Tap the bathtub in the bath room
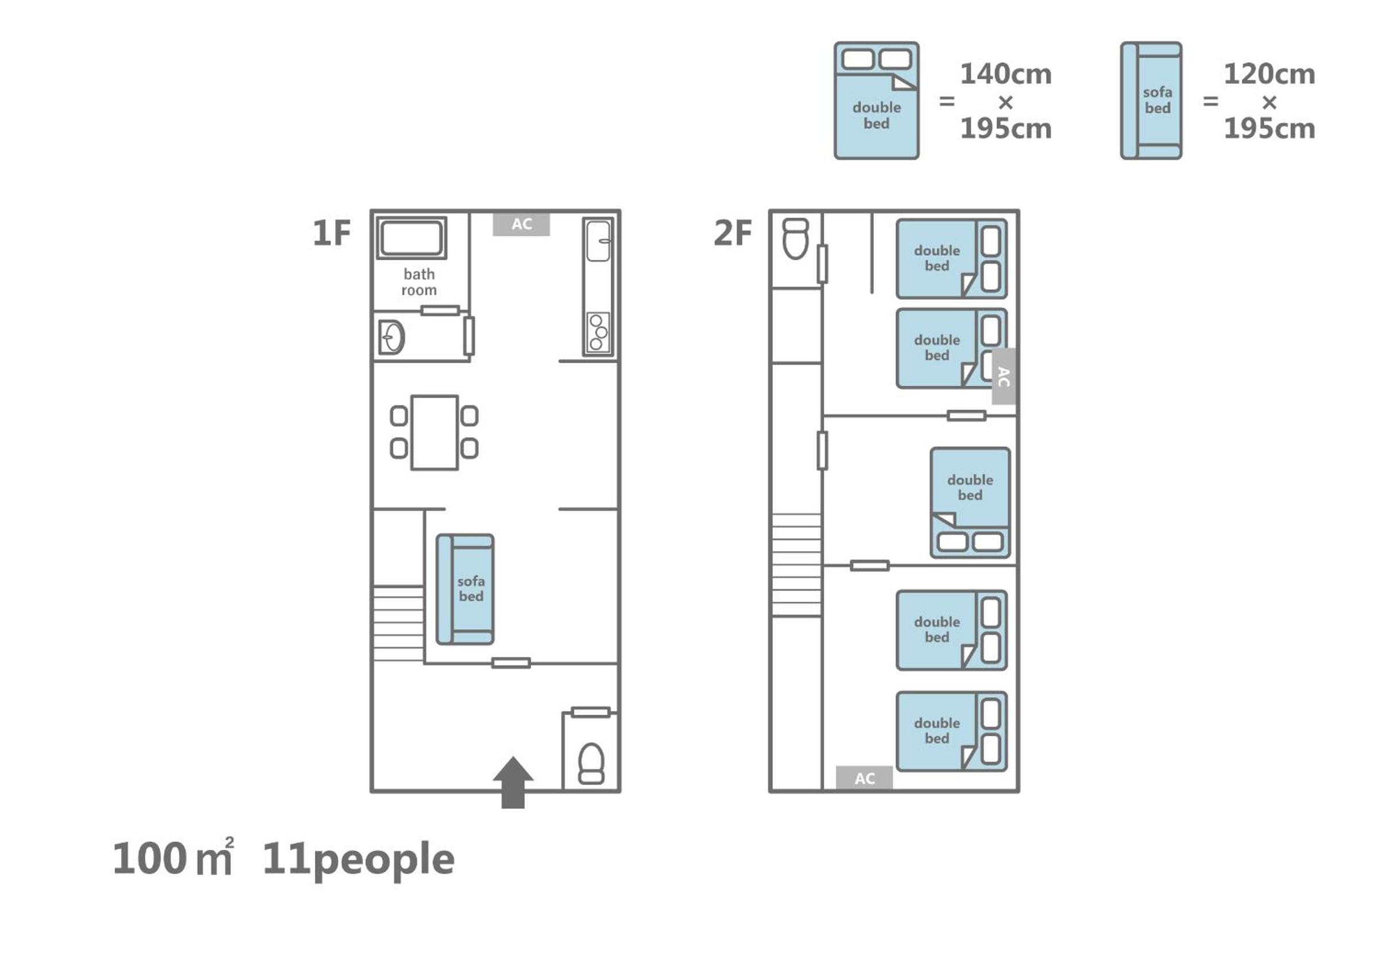coord(411,238)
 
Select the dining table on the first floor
coord(435,432)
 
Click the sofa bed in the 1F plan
coord(465,589)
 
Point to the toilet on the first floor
coord(591,764)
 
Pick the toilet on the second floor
coord(796,238)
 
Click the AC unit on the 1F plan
coord(521,224)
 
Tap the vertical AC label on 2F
coord(1004,377)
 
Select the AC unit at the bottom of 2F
coord(864,778)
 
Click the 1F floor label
coord(331,233)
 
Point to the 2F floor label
coord(732,233)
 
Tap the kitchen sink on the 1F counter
coord(598,241)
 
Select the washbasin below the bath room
coord(392,338)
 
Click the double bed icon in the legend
coord(876,100)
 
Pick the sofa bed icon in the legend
coord(1151,100)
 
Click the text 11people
coord(358,860)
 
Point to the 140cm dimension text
coord(1006,74)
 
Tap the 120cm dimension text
coord(1269,74)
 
